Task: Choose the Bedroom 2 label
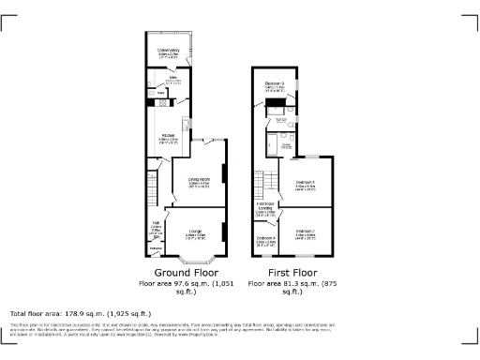(306, 232)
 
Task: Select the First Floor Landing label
(266, 209)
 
